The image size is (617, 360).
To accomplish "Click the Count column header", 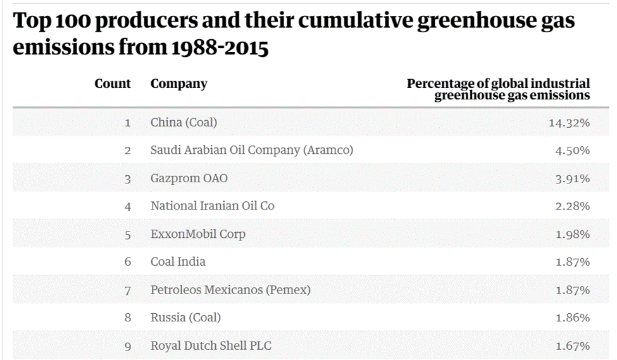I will [x=113, y=84].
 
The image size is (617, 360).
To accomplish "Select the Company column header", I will [x=178, y=84].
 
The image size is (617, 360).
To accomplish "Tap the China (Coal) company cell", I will [x=184, y=123].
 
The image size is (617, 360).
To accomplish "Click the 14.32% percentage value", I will [x=569, y=123].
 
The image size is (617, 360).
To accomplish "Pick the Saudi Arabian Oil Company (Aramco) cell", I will [x=252, y=151].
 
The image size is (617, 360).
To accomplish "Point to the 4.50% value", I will [x=573, y=151].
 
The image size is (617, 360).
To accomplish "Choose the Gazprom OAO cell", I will [x=189, y=178].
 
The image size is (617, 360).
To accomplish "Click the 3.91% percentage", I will [x=573, y=178].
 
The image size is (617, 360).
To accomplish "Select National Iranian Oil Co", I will [x=213, y=206].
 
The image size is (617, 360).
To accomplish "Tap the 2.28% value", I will [x=573, y=206].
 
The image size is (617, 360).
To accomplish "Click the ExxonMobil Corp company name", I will [x=198, y=234].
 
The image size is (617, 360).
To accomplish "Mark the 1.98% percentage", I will [x=573, y=234].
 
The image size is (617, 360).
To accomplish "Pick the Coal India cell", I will [x=178, y=262].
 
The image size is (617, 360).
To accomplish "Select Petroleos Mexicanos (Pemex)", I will [x=230, y=290].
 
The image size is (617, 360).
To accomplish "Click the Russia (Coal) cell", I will [x=185, y=318].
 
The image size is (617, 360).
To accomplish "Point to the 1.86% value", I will [x=573, y=318].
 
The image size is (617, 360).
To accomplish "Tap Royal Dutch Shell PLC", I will [x=211, y=346].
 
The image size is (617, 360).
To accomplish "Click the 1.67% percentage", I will [x=573, y=346].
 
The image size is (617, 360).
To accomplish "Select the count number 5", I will [x=127, y=235].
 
